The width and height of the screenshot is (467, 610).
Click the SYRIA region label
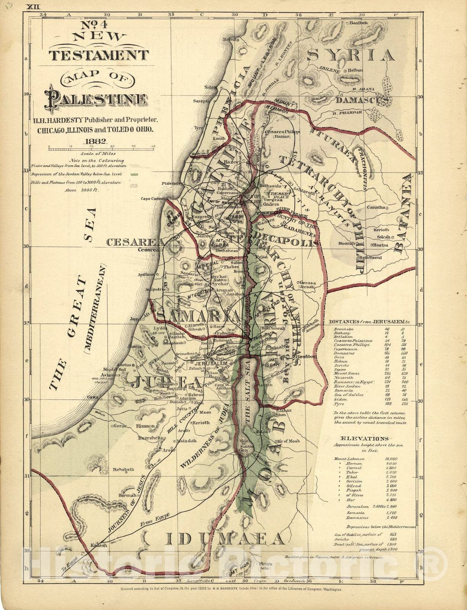point(351,55)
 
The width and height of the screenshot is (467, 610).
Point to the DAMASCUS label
point(362,100)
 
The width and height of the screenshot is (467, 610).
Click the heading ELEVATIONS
point(364,439)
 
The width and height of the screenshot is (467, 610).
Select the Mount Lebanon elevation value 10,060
point(391,459)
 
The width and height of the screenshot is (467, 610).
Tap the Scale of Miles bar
point(101,146)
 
